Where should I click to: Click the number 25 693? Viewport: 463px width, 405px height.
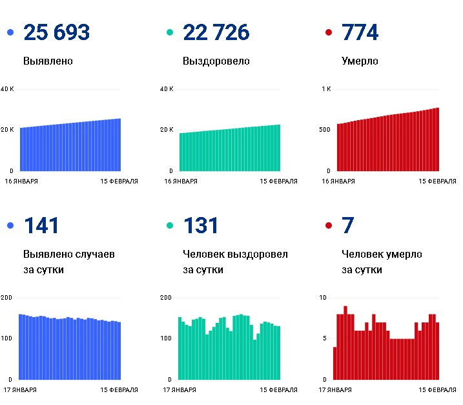point(56,32)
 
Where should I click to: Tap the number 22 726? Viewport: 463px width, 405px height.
point(216,32)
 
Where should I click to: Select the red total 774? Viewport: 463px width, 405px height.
point(360,32)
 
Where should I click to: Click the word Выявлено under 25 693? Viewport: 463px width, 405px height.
point(48,61)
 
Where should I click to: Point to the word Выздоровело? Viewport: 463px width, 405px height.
point(216,61)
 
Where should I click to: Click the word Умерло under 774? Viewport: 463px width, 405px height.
point(360,61)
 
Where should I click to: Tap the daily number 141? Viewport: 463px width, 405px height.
point(41,225)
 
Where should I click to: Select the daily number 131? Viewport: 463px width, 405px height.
point(201,225)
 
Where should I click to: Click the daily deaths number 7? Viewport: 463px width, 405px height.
point(347,225)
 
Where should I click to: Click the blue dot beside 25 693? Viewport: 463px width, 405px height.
point(10,32)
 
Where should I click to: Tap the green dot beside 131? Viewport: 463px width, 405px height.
point(170,225)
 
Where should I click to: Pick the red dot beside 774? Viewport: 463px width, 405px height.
point(329,32)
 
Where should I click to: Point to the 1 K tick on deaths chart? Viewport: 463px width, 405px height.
point(326,89)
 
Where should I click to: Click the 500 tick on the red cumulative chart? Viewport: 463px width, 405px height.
point(325,130)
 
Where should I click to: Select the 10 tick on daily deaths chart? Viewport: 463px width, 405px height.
point(325,298)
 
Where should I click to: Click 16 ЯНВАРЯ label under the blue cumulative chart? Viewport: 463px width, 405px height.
point(21,182)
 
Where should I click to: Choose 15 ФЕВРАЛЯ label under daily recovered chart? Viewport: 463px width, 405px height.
point(278,390)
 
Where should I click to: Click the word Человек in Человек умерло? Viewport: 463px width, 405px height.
point(363,254)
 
